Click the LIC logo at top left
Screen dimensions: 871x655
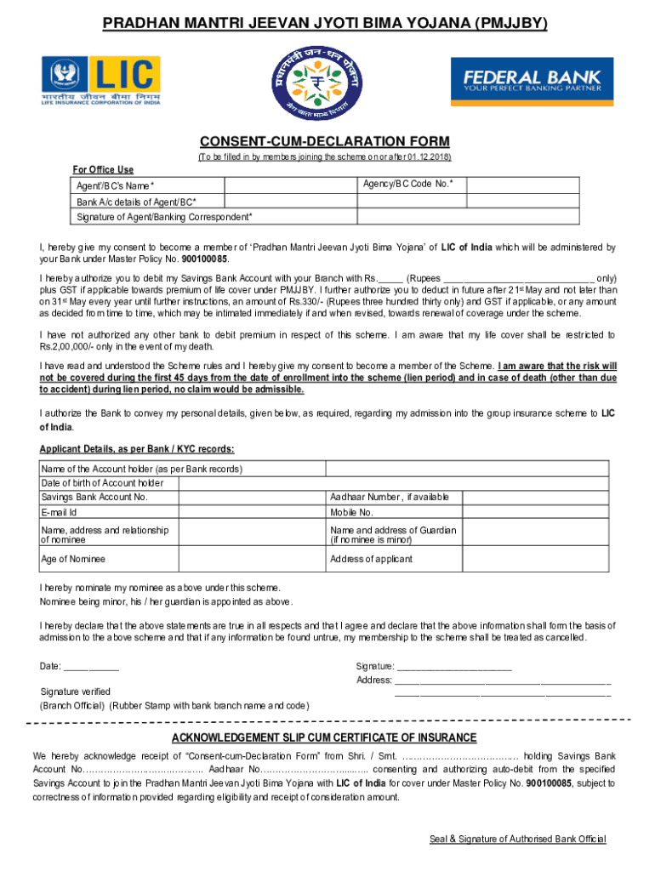(x=100, y=80)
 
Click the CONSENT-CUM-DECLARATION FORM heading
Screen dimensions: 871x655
(x=324, y=141)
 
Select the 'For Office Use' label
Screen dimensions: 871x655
(x=103, y=169)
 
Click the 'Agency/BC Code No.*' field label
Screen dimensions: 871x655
(x=407, y=184)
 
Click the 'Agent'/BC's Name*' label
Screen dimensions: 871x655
(x=116, y=186)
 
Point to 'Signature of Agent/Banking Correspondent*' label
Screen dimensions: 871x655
(x=163, y=217)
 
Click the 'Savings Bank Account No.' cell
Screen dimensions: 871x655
(x=94, y=497)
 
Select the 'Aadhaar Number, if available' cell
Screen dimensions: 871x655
(x=390, y=497)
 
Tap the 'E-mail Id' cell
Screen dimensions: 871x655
(x=59, y=512)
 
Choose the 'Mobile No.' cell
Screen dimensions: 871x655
(x=351, y=512)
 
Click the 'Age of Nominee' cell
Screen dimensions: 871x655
(x=73, y=559)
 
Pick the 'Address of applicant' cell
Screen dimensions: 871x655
(x=371, y=559)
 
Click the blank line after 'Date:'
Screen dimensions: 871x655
(x=91, y=667)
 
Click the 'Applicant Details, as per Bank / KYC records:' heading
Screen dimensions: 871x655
(x=137, y=449)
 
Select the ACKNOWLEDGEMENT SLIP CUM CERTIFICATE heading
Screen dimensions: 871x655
(x=324, y=737)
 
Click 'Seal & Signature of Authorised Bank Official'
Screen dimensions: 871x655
(x=517, y=839)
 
